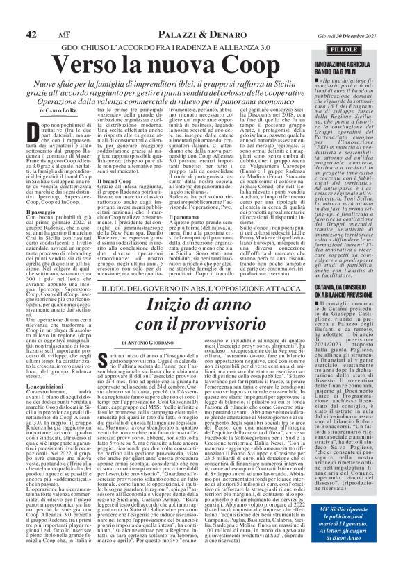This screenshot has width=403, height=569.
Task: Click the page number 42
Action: [x=32, y=14]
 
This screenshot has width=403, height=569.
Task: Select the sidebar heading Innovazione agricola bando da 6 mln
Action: [x=361, y=51]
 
